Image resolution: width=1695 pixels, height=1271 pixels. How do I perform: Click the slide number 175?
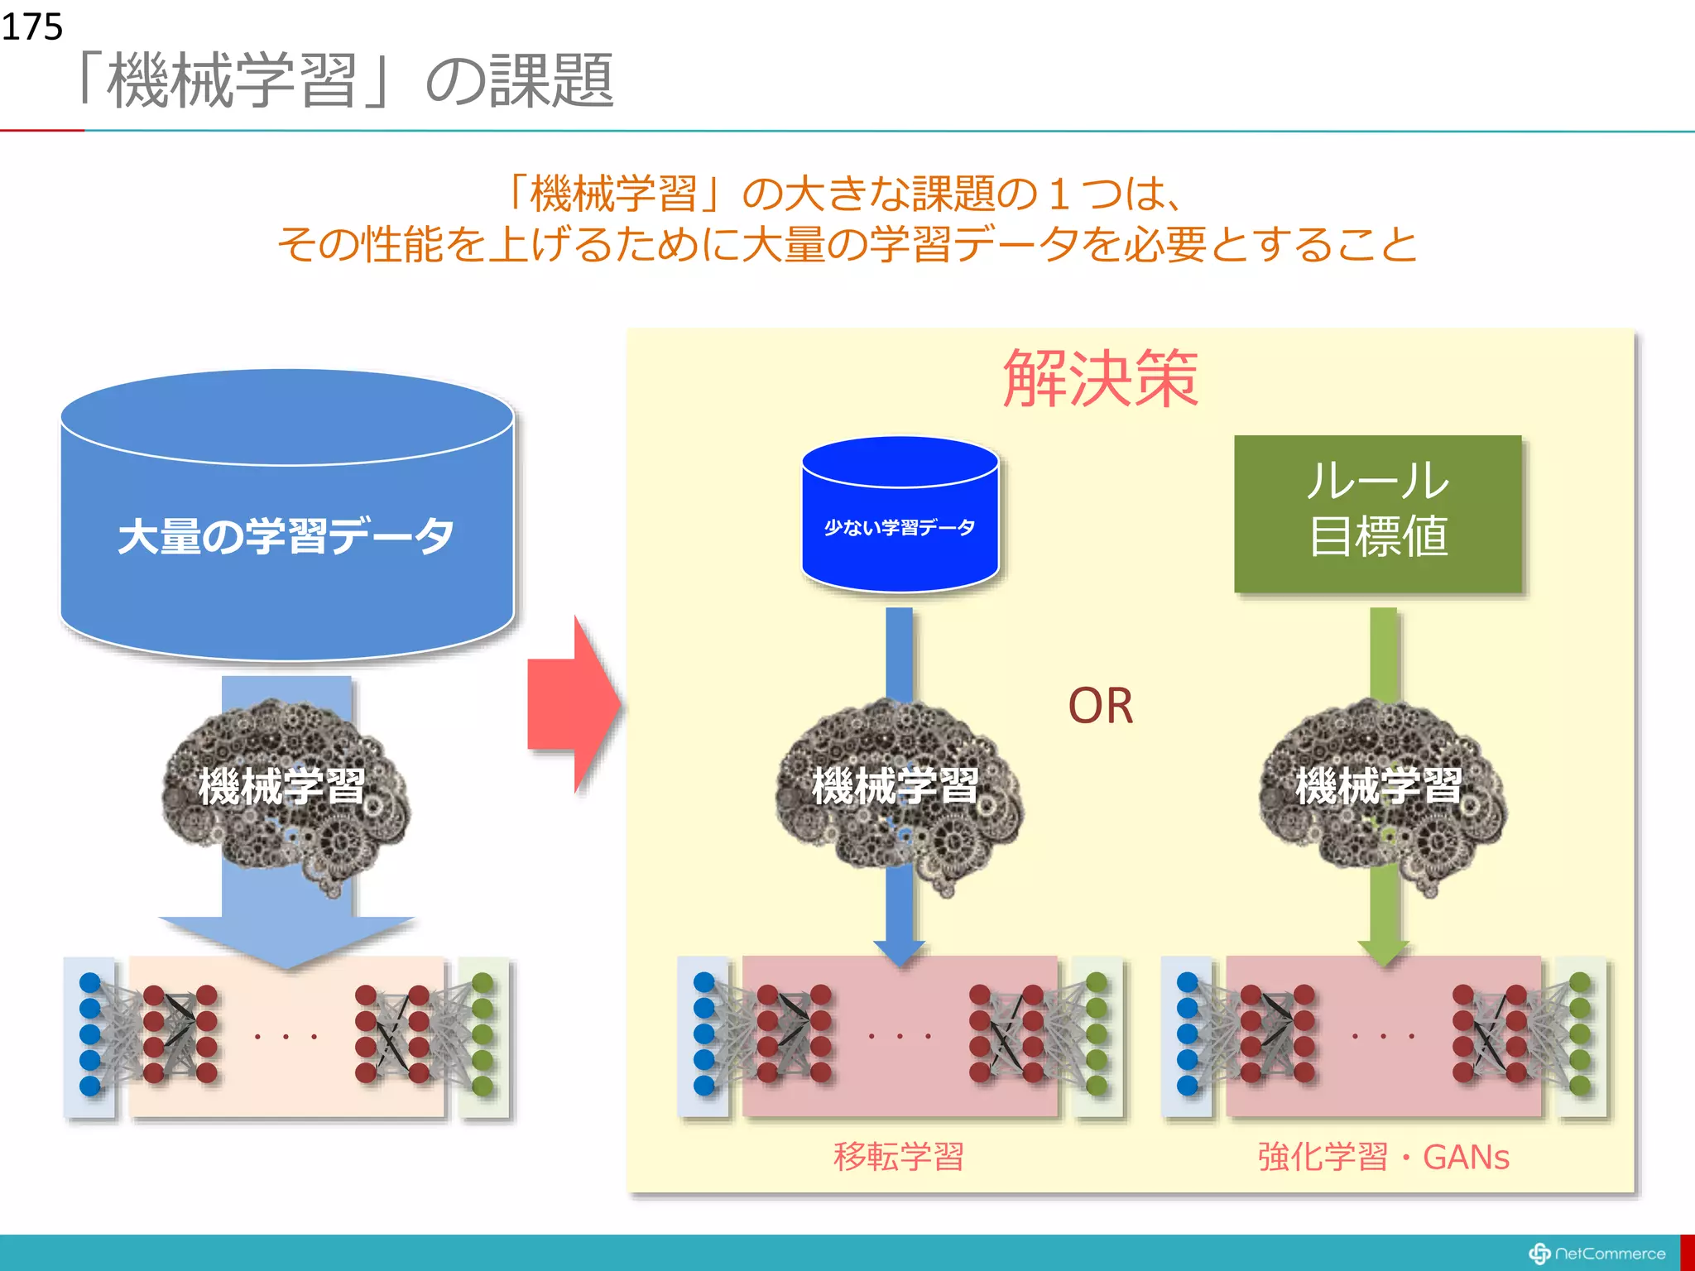(x=32, y=26)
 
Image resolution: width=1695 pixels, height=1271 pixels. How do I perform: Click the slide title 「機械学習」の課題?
(x=344, y=80)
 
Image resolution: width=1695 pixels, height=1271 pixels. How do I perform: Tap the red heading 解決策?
(x=1100, y=378)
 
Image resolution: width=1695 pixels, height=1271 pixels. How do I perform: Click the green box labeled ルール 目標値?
(x=1377, y=513)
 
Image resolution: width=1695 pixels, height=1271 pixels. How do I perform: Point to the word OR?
(x=1100, y=706)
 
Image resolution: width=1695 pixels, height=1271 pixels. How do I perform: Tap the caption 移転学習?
(x=899, y=1156)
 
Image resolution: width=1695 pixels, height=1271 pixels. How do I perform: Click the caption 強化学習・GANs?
(x=1383, y=1156)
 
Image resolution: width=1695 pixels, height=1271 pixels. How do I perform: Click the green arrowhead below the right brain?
(x=1383, y=952)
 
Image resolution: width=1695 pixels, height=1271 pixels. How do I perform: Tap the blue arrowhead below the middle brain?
(x=900, y=952)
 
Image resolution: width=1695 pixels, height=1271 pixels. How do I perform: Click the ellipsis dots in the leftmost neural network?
(x=286, y=1037)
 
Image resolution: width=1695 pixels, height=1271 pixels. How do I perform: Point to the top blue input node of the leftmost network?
(x=90, y=982)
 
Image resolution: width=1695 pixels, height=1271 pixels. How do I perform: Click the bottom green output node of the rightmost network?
(x=1580, y=1085)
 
